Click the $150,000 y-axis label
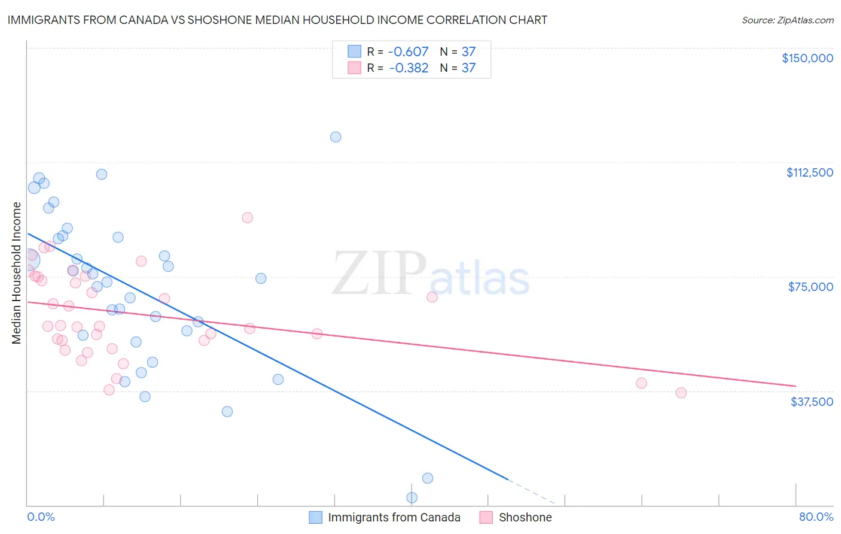tap(807, 58)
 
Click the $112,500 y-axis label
tap(809, 172)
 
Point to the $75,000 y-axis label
tap(810, 287)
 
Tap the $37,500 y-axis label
tap(812, 402)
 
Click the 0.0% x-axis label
tap(41, 517)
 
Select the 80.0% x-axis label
tap(816, 517)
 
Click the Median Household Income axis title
tap(17, 273)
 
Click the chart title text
tap(277, 20)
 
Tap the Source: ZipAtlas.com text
tap(787, 20)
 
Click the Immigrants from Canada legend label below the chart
tap(394, 517)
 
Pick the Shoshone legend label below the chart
tap(525, 517)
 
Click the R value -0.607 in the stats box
tap(409, 51)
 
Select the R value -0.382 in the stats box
tap(409, 68)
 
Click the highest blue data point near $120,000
tap(336, 137)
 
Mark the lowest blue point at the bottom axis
tap(412, 497)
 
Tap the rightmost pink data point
tap(681, 393)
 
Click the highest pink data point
tap(247, 218)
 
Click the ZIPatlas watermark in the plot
tap(431, 274)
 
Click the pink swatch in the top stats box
tap(355, 68)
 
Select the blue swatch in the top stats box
tap(355, 51)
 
